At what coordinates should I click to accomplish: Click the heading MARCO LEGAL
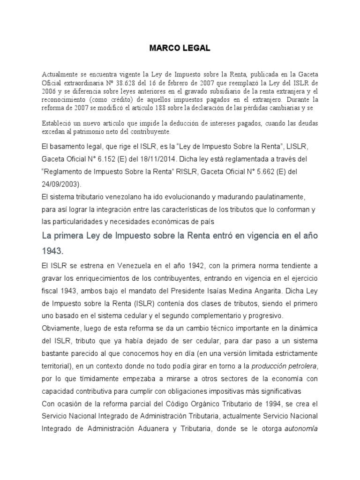pyautogui.click(x=180, y=48)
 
